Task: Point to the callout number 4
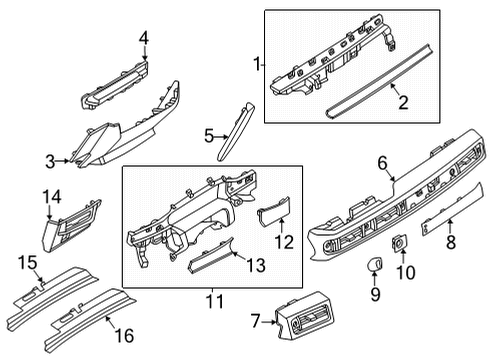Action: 144,39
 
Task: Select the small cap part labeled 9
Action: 379,263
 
